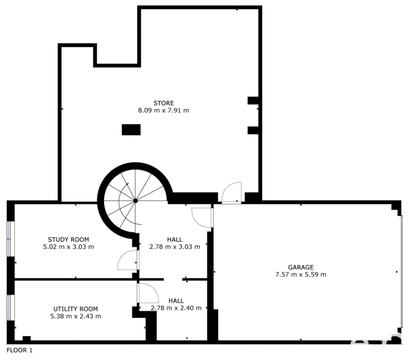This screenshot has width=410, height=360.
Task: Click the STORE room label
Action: pos(164,103)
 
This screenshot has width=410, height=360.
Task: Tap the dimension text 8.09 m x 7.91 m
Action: pos(164,111)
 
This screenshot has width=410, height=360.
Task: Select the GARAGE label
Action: pos(301,267)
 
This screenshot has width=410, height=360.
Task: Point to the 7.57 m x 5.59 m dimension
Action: pos(301,275)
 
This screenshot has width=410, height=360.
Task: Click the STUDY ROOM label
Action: pos(68,240)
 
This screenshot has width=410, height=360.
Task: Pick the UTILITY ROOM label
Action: pos(75,309)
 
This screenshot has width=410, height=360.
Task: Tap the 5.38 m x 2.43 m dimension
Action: pos(75,316)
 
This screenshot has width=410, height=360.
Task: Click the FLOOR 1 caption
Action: pos(20,350)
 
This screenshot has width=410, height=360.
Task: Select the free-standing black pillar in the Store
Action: pos(131,130)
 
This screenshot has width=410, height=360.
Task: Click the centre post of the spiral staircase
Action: pos(135,201)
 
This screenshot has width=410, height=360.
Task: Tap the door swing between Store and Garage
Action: pos(231,193)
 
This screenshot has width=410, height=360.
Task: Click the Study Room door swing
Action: pos(127,260)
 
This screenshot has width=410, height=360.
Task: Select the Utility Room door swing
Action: pos(148,293)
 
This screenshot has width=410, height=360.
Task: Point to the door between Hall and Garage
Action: pos(202,217)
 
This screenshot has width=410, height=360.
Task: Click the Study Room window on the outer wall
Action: pos(10,239)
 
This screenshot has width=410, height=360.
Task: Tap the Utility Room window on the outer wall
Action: pos(10,307)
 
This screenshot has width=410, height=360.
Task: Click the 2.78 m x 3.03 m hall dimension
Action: pos(175,247)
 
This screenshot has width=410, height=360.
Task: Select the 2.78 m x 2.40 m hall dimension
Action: pos(176,308)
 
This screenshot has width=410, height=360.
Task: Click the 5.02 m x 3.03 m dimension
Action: pos(68,247)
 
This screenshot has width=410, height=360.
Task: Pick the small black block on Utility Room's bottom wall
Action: pos(27,338)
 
